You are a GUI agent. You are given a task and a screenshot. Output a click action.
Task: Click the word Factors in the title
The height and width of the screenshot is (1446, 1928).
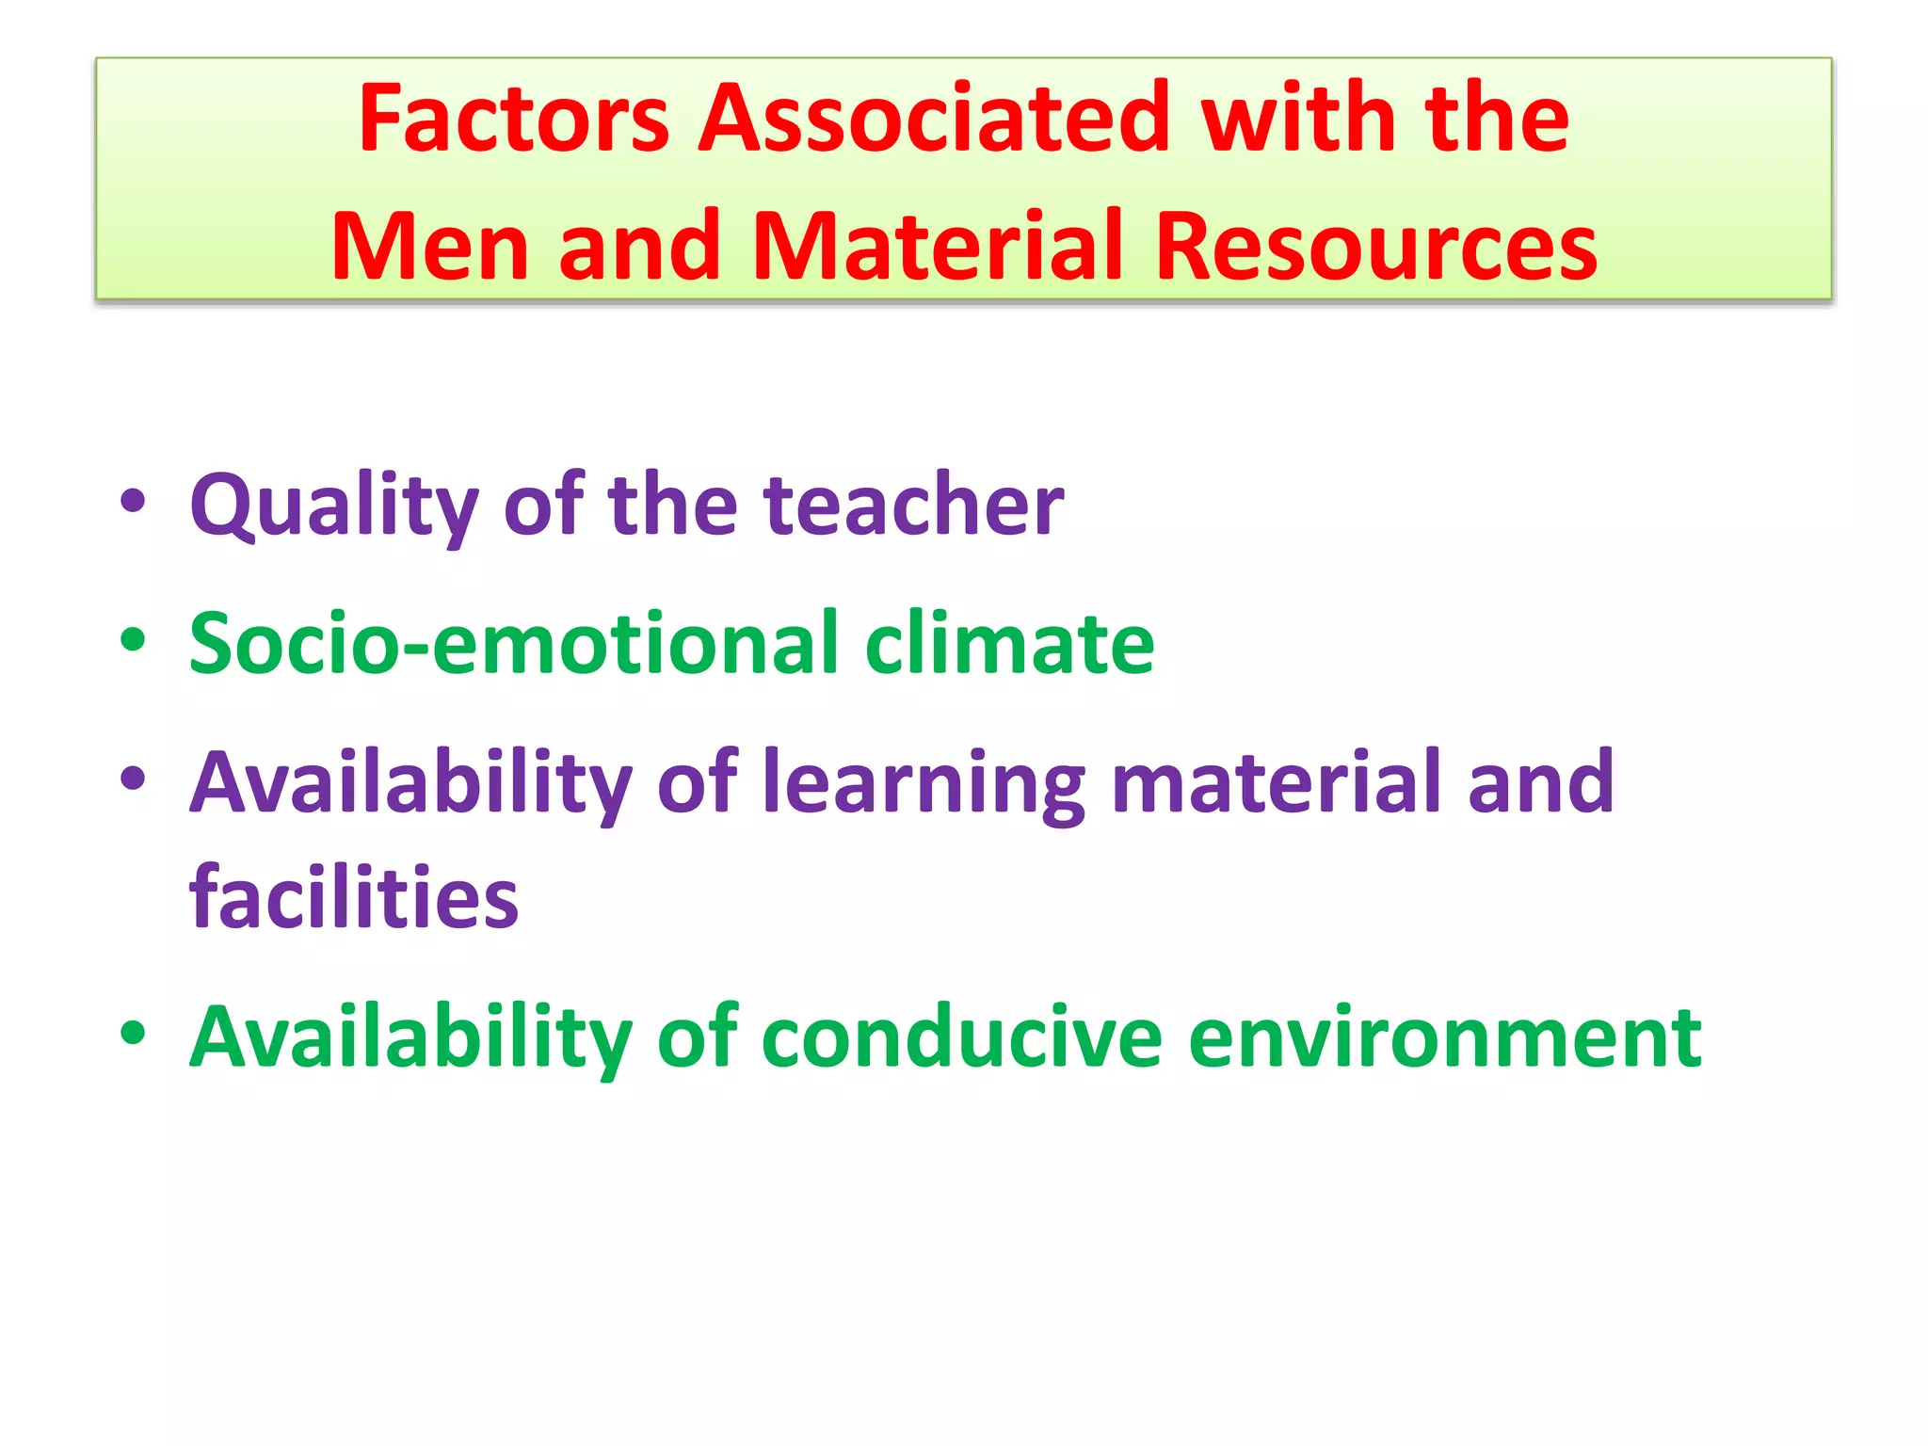(513, 119)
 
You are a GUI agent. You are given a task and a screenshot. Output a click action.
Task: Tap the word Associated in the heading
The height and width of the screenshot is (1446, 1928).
(933, 119)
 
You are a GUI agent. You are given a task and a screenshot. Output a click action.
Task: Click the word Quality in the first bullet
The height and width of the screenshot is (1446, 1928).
(334, 506)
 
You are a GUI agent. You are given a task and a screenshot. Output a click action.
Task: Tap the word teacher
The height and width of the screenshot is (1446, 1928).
(914, 506)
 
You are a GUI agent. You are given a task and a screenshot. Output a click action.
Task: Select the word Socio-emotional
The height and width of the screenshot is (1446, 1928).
(514, 644)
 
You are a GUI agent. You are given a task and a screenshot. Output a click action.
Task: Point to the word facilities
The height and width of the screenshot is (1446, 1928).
(354, 898)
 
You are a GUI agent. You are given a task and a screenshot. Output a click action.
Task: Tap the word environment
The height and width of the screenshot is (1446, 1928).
(1445, 1037)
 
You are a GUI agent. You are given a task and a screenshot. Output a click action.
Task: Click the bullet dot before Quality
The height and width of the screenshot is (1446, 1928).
(133, 502)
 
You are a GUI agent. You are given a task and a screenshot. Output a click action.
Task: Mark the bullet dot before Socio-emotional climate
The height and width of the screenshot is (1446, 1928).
(133, 640)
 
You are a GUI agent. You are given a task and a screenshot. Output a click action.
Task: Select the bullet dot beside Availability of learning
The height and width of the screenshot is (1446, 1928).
(133, 779)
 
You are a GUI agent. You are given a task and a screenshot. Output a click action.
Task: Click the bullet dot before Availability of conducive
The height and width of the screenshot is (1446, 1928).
(133, 1033)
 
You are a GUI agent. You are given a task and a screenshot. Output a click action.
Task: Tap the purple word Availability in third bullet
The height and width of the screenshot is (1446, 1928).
(410, 783)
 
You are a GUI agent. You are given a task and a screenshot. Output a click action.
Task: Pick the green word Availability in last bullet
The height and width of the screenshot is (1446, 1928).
(410, 1037)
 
